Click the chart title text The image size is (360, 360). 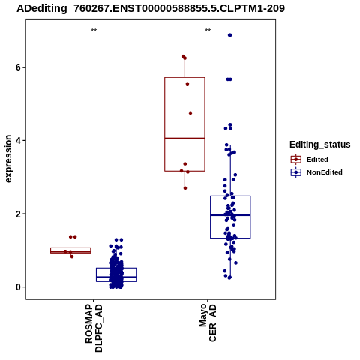(x=151, y=9)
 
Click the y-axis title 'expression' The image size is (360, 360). (x=8, y=159)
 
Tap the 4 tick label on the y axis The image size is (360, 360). (x=18, y=140)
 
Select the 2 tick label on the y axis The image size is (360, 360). (x=18, y=214)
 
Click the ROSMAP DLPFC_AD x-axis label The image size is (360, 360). (x=94, y=328)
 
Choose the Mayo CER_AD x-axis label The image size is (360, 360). (x=208, y=322)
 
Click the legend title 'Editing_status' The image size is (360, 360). (x=320, y=145)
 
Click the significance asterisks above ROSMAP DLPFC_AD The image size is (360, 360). (x=94, y=31)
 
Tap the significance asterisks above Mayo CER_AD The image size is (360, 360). (x=208, y=31)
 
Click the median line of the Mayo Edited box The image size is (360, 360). (x=184, y=138)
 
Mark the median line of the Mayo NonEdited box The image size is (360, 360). (x=230, y=215)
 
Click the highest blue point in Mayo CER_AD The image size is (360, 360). (x=230, y=35)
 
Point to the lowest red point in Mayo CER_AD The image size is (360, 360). (x=185, y=188)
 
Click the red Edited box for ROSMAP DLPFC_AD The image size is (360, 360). (x=70, y=250)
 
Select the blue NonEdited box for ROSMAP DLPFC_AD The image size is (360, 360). (x=116, y=274)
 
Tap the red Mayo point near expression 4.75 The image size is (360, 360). (x=190, y=113)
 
